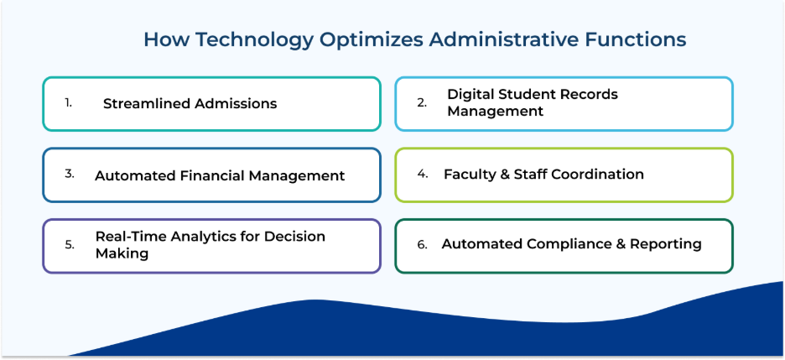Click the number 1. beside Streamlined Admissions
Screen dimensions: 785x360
tap(68, 102)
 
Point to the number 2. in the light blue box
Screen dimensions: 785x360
tap(422, 102)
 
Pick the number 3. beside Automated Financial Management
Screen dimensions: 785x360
tap(70, 174)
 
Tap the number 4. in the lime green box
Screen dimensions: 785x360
tap(423, 174)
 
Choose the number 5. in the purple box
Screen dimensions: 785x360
tap(70, 245)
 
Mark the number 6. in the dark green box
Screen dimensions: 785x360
tap(423, 245)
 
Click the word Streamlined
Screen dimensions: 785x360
tap(147, 103)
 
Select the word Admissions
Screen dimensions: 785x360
tap(236, 103)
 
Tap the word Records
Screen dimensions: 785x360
tap(590, 94)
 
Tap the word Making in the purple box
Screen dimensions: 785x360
tap(122, 253)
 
